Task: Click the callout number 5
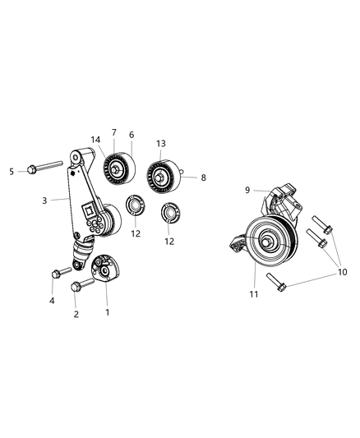12,171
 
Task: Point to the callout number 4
53,302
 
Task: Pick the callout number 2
76,313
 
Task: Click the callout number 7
114,132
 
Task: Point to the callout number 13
159,142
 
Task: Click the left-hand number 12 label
135,233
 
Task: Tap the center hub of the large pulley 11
270,242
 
